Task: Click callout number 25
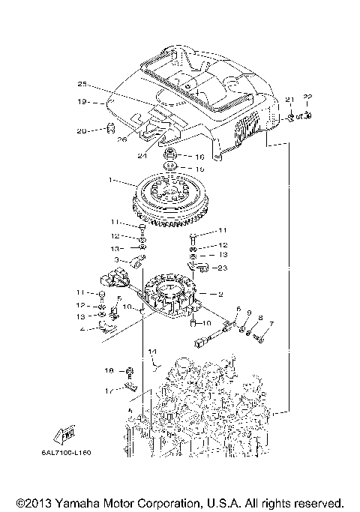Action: (x=83, y=83)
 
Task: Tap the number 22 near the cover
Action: (x=307, y=97)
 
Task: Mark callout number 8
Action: (x=260, y=318)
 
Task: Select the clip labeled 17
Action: (x=130, y=387)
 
